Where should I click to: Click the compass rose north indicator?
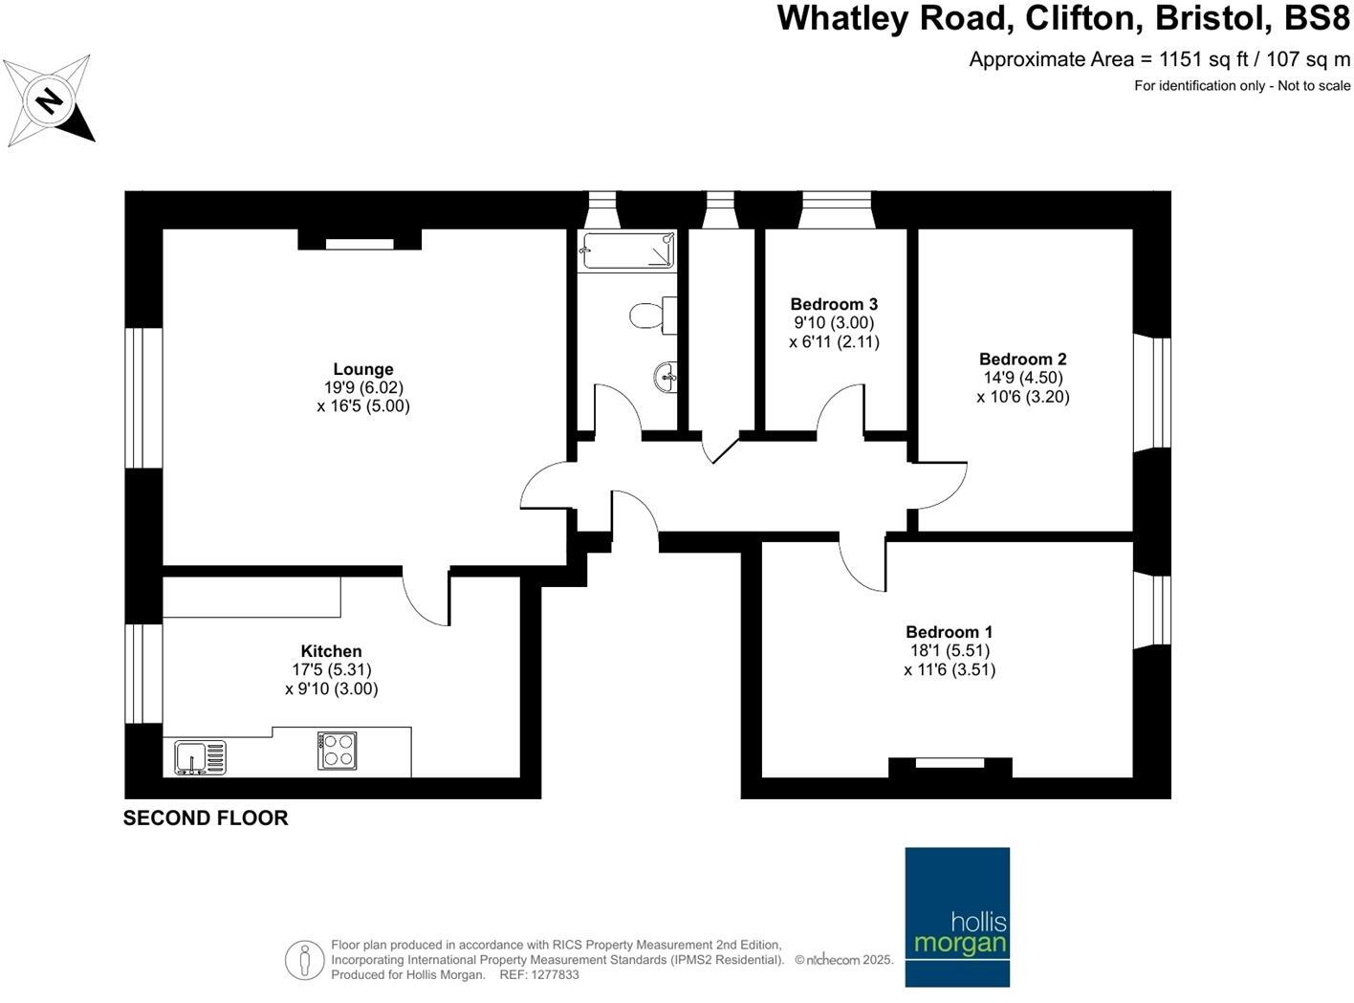[x=49, y=100]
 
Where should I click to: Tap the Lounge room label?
[x=362, y=369]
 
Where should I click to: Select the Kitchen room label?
[x=331, y=651]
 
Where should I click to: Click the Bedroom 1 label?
[x=949, y=632]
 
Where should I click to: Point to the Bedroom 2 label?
[x=1022, y=360]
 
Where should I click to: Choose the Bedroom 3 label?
[x=834, y=304]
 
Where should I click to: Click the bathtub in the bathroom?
[x=627, y=251]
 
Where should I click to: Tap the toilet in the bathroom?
[x=650, y=315]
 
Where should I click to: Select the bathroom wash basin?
[x=666, y=377]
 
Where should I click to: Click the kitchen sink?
[x=200, y=757]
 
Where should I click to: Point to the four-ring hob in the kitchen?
[x=337, y=751]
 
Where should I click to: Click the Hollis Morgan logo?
[x=957, y=916]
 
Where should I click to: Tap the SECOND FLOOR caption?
[x=206, y=818]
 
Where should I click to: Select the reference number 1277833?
[x=554, y=975]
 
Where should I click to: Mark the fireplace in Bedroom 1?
[x=950, y=765]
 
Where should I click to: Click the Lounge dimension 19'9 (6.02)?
[x=363, y=387]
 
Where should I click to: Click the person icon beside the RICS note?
[x=304, y=959]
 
